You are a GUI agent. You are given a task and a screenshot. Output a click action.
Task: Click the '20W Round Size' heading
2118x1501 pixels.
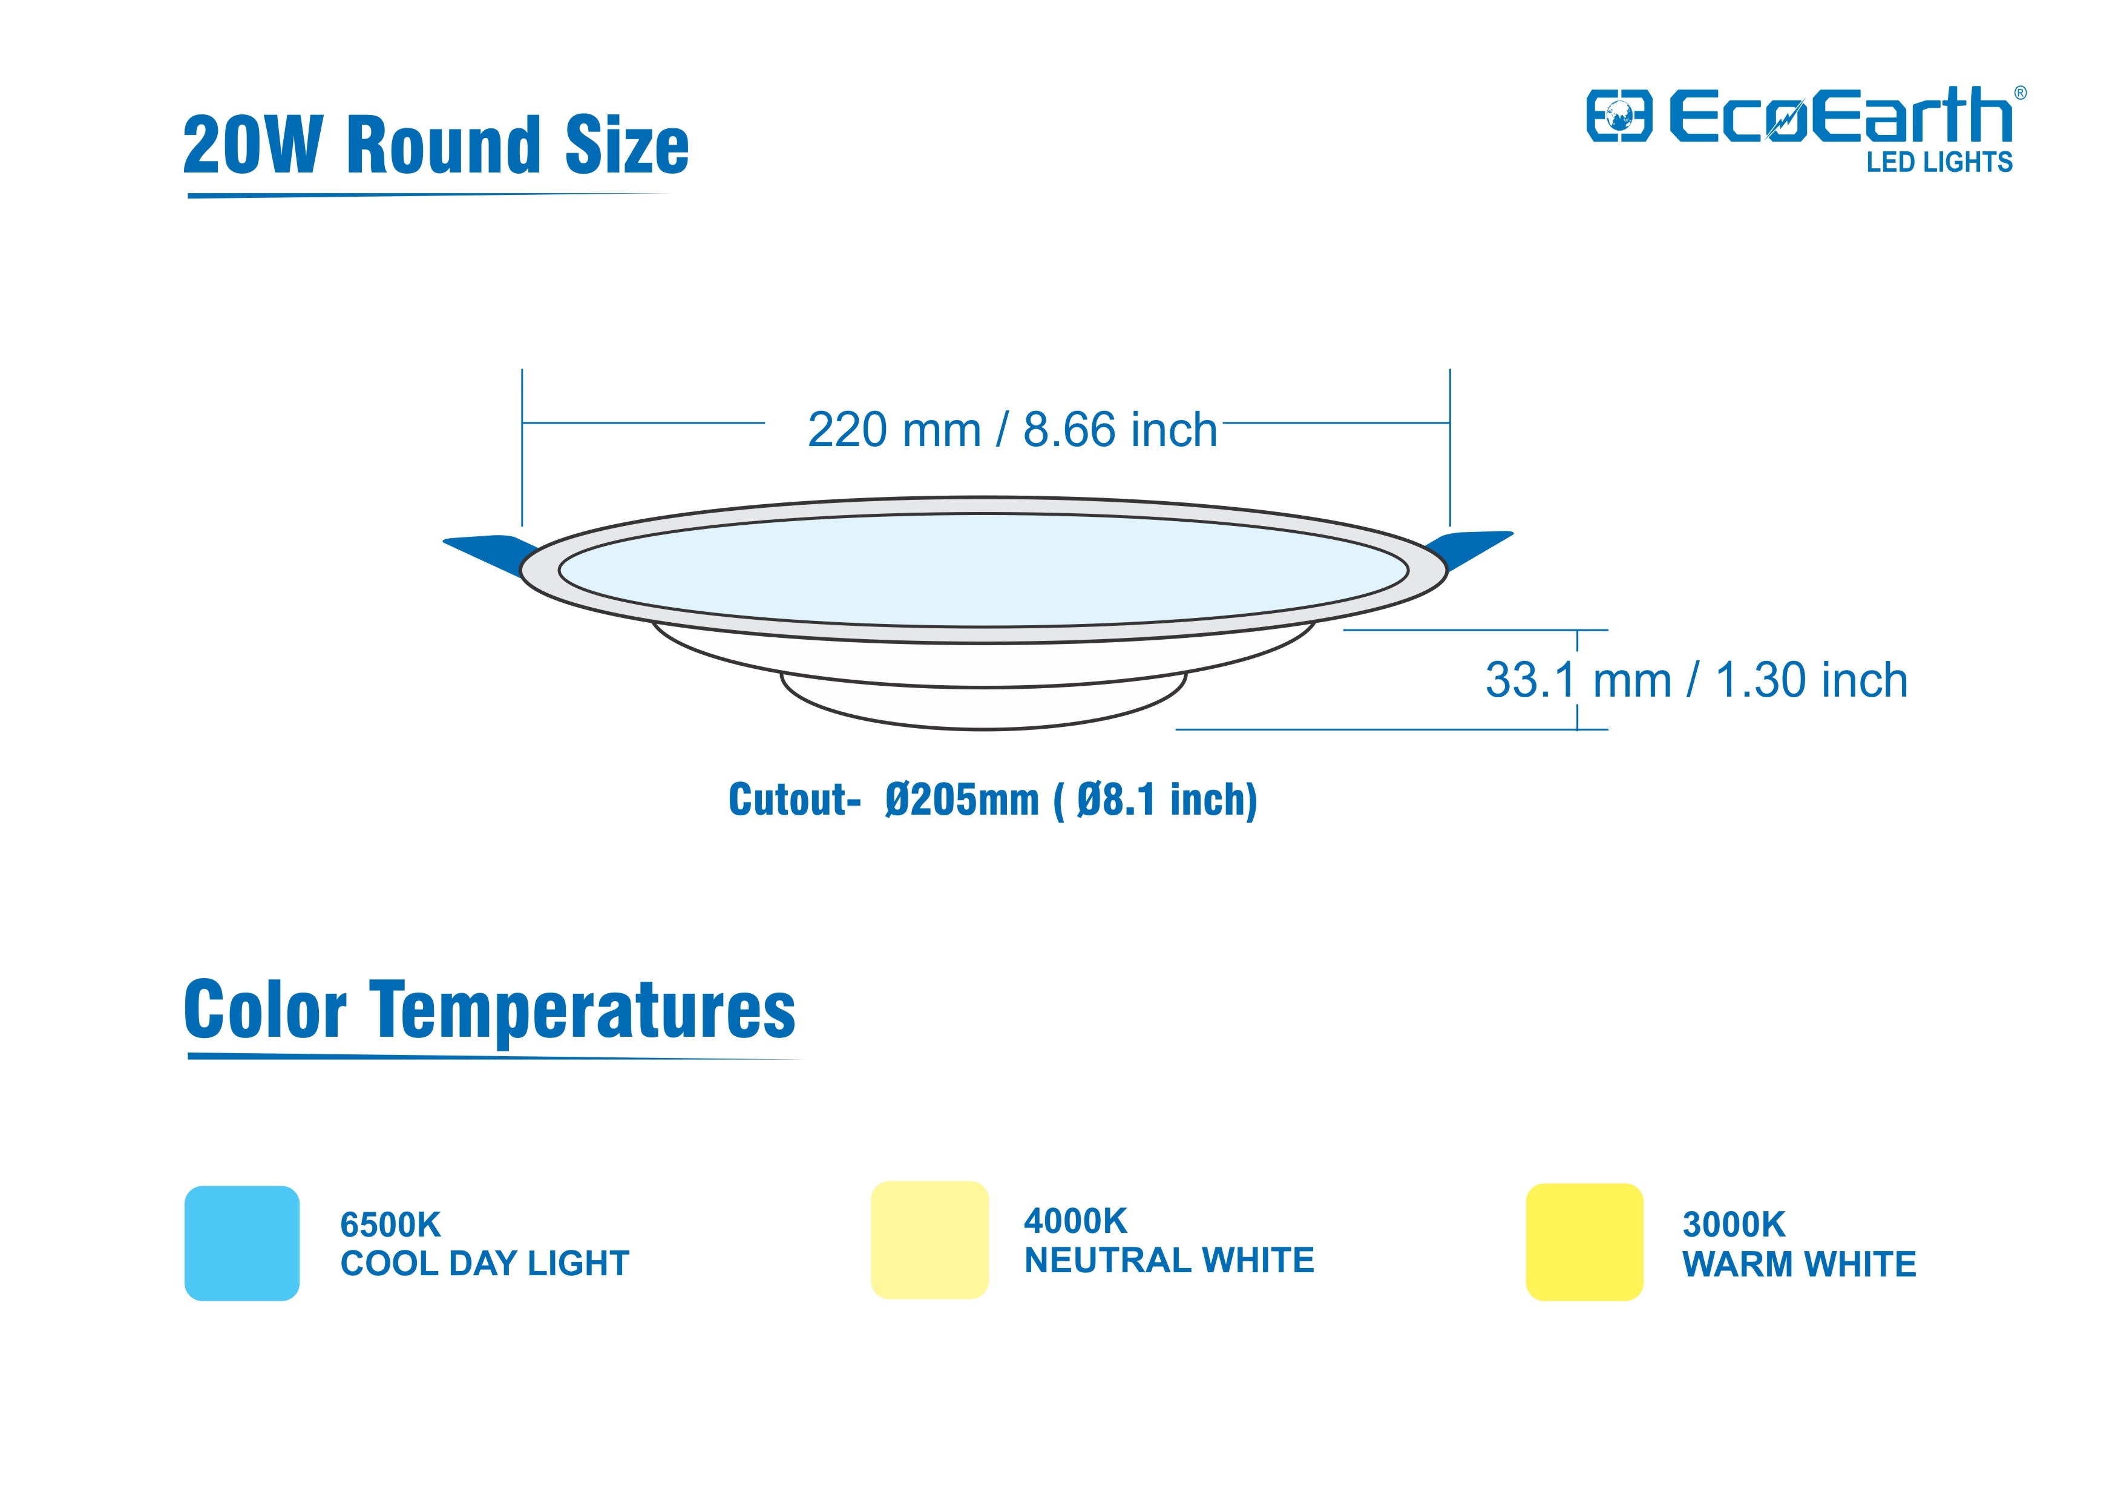pyautogui.click(x=436, y=145)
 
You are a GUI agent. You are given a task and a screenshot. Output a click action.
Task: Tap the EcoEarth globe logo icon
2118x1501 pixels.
pyautogui.click(x=1619, y=116)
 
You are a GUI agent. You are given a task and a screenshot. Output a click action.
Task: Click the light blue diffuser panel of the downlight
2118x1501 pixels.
pyautogui.click(x=984, y=570)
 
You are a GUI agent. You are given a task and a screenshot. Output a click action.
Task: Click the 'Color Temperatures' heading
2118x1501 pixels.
pyautogui.click(x=490, y=1010)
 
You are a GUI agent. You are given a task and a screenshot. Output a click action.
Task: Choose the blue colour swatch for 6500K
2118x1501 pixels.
pyautogui.click(x=242, y=1243)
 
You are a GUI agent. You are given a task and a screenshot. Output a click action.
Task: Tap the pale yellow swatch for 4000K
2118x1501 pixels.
pyautogui.click(x=929, y=1240)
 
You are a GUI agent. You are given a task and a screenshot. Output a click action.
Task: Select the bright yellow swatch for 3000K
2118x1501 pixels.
pyautogui.click(x=1585, y=1242)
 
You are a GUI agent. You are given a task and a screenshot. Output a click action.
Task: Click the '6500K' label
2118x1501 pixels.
pyautogui.click(x=391, y=1224)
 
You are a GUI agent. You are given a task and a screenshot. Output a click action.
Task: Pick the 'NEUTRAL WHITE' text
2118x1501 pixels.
pyautogui.click(x=1169, y=1260)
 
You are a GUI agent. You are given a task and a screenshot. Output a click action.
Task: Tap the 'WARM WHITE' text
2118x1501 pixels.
pyautogui.click(x=1799, y=1264)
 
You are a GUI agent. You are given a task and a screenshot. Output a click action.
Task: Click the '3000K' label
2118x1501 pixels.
pyautogui.click(x=1734, y=1224)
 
